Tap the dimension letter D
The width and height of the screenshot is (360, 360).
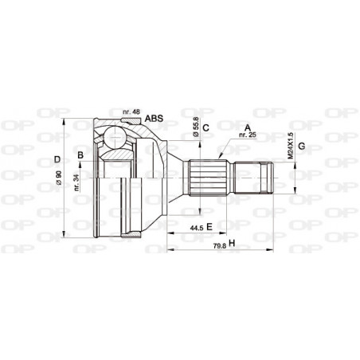click(x=57, y=159)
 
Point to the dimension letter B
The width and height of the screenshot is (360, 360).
click(x=80, y=154)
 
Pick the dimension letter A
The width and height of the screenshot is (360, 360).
click(x=248, y=127)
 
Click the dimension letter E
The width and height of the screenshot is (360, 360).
click(x=208, y=228)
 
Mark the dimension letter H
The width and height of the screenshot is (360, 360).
click(x=231, y=243)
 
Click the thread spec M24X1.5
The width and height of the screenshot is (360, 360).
click(x=290, y=148)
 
